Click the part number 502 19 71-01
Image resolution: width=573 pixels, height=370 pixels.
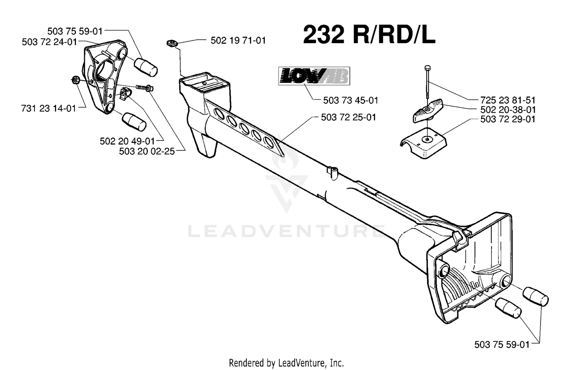coord(238,40)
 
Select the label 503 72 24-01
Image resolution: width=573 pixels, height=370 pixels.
coord(49,42)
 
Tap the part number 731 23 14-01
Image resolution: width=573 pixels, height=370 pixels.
coord(49,109)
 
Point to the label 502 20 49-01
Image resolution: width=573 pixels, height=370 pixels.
coord(127,141)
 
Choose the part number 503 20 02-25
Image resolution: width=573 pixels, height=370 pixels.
coord(147,151)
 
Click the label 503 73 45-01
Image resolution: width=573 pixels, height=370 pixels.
coord(351,100)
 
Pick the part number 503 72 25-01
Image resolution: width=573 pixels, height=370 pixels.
coord(349,117)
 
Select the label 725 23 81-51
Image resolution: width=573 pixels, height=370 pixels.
coord(508,100)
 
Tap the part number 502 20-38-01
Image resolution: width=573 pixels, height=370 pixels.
coord(508,110)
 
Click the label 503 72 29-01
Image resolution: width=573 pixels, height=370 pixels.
coord(508,120)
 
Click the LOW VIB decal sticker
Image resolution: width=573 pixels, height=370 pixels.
coord(314,76)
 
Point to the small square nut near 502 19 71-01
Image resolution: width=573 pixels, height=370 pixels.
coord(172,43)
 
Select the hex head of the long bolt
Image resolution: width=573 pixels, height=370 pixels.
coord(427,68)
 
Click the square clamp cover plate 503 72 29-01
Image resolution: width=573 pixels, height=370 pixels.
coord(424,143)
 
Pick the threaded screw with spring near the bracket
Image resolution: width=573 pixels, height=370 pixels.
coord(144,88)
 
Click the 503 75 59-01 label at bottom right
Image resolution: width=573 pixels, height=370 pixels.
coord(502,345)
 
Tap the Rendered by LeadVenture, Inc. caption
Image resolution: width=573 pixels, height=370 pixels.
coord(286,363)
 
